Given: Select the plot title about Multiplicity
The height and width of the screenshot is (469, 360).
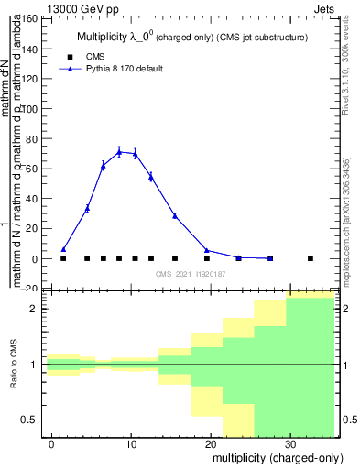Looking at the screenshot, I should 190,38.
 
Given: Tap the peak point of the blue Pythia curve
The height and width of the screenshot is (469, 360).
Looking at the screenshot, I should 119,152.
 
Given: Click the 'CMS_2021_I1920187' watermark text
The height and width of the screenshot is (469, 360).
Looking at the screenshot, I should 191,273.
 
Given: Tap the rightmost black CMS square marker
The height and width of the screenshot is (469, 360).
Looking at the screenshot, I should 311,258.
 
